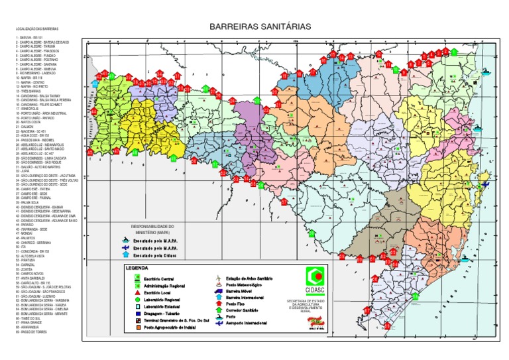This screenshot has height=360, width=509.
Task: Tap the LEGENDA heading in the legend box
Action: click(137, 267)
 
